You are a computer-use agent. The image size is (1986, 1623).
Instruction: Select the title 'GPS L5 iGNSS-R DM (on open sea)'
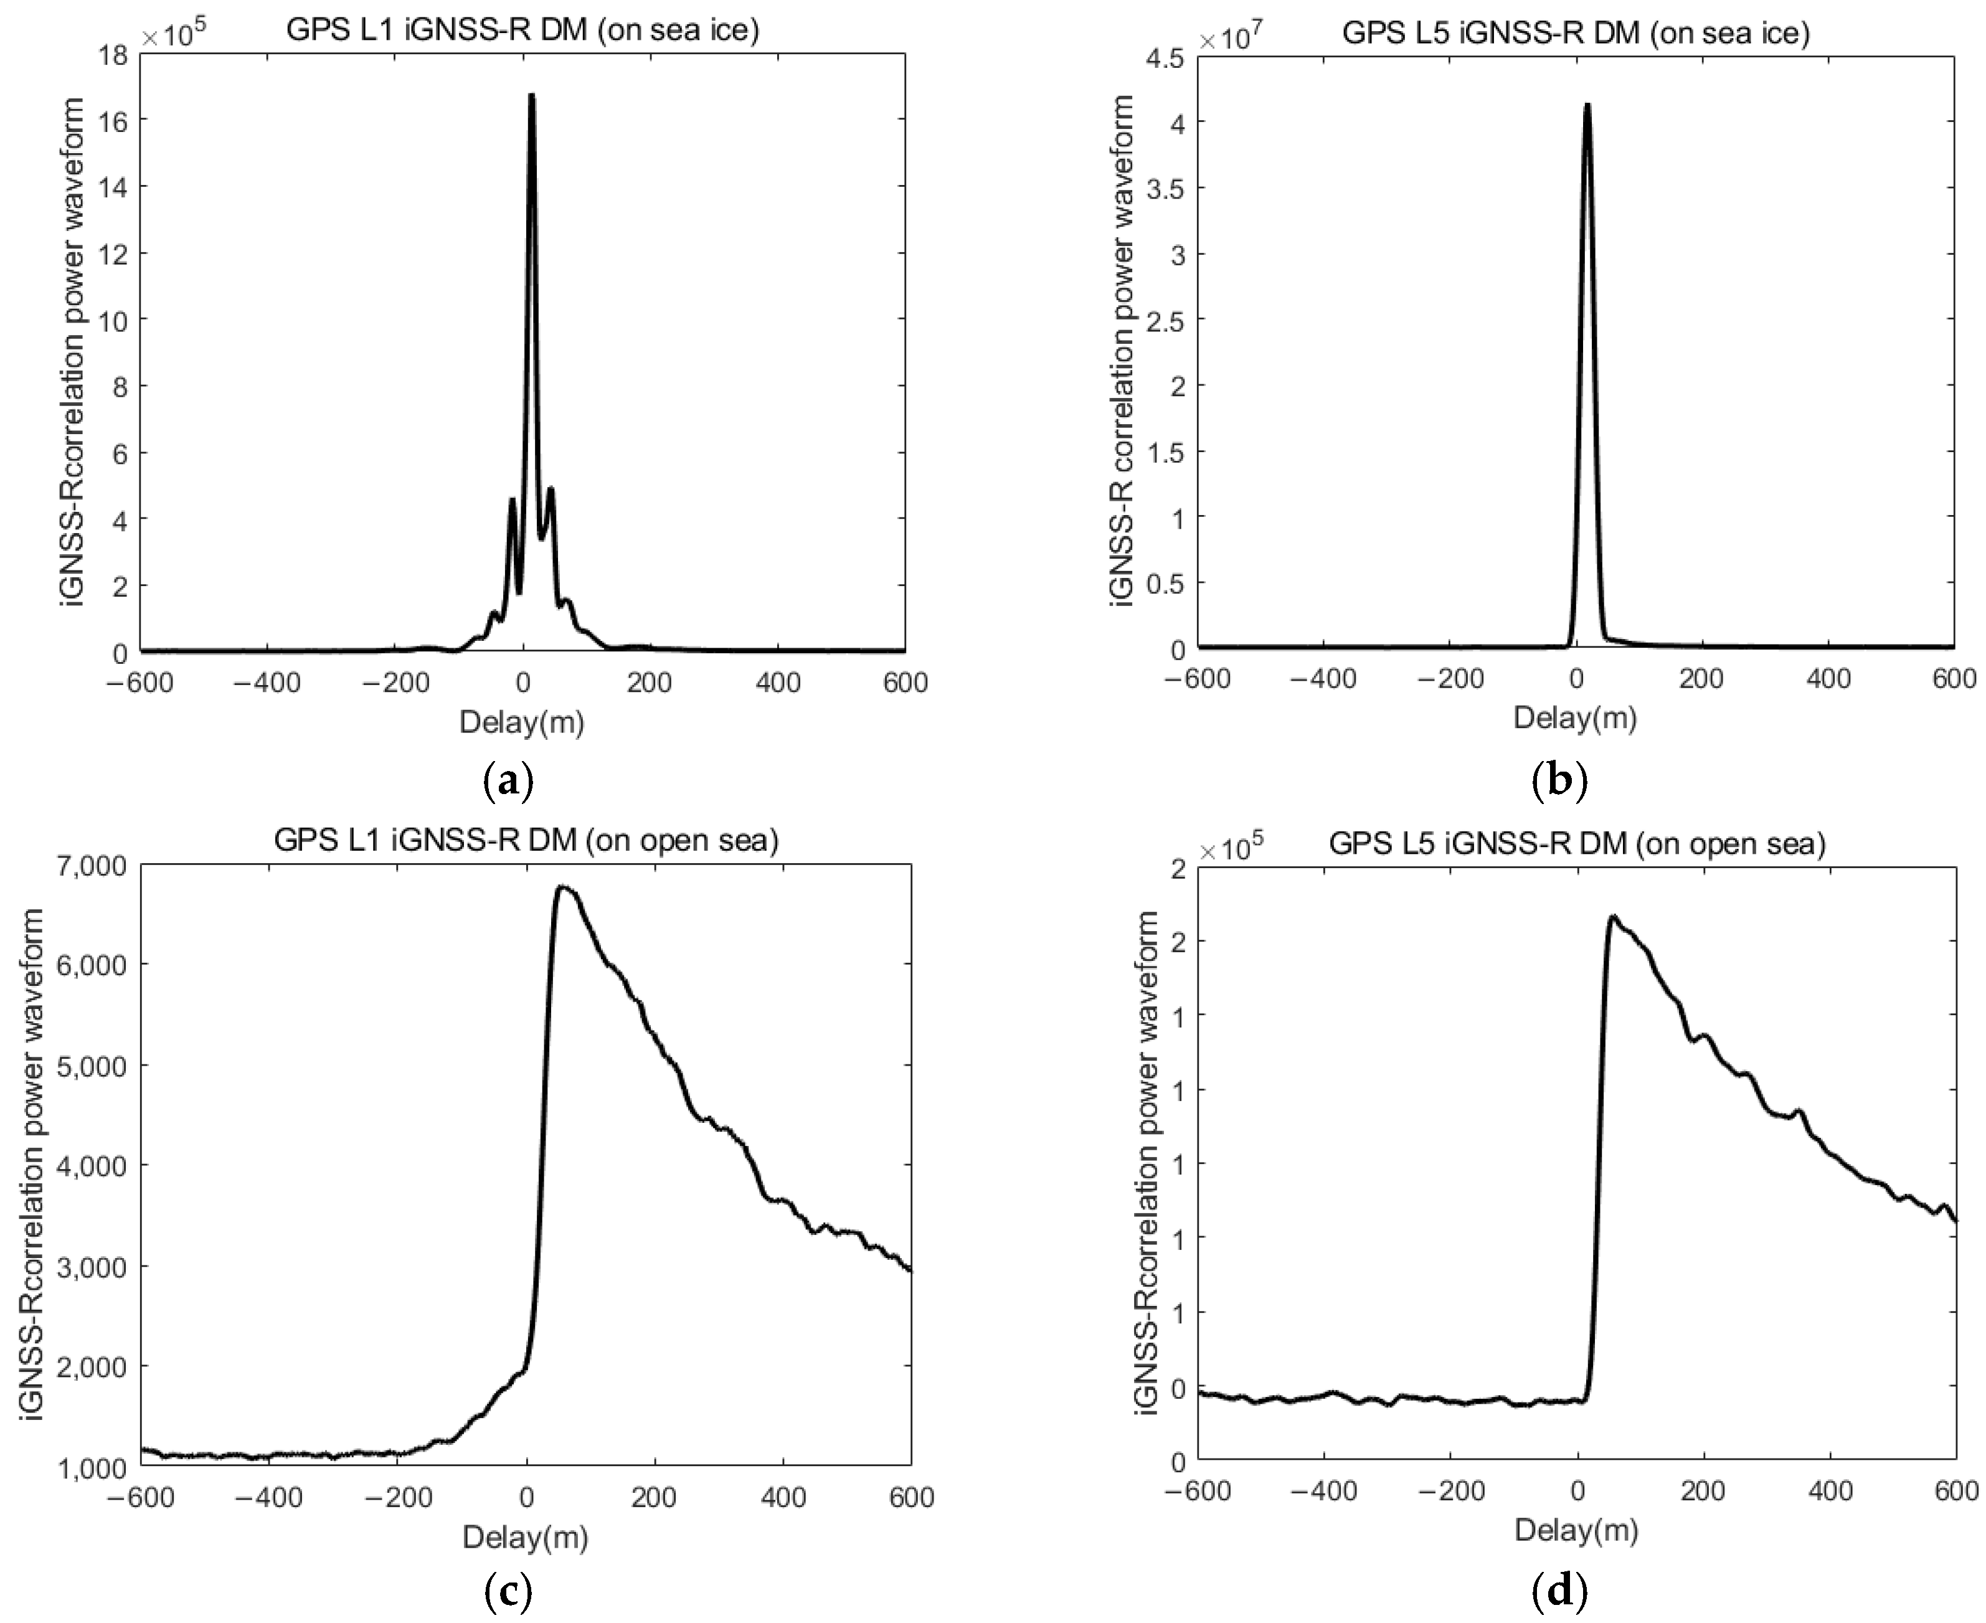point(1576,845)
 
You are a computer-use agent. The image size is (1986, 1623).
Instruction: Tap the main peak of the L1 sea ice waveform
point(531,95)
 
